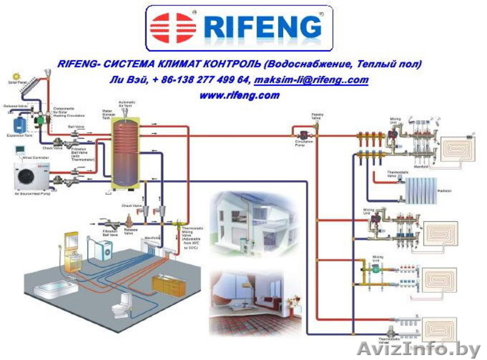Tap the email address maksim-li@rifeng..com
[311, 80]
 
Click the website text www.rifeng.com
[239, 95]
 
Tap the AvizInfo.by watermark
[419, 349]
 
